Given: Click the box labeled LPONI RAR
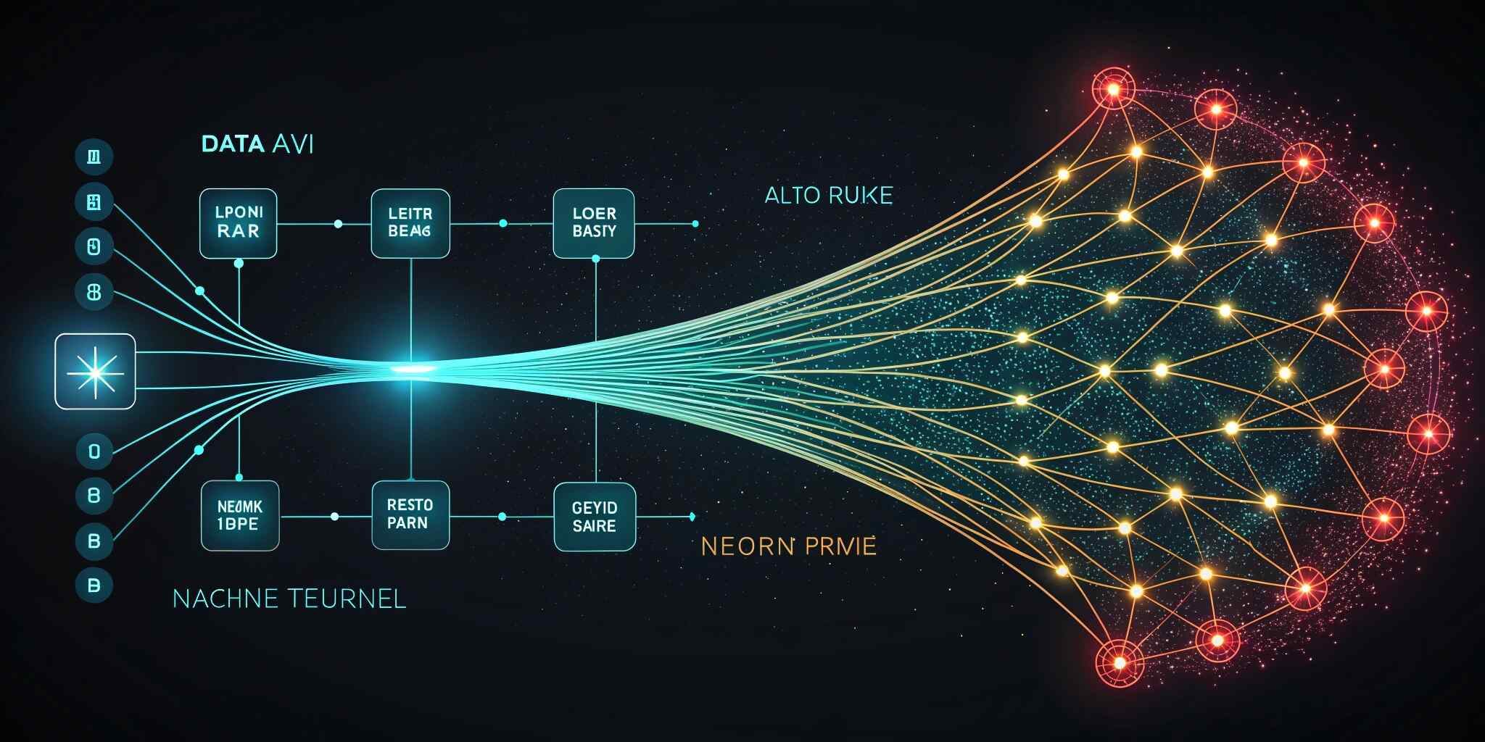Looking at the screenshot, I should pyautogui.click(x=238, y=223).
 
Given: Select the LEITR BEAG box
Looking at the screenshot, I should pyautogui.click(x=410, y=223).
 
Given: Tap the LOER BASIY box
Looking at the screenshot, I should pyautogui.click(x=594, y=223).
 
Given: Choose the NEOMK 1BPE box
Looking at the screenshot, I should pyautogui.click(x=240, y=516).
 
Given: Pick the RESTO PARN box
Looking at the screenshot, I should pyautogui.click(x=410, y=514).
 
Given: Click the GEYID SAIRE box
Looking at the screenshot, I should pyautogui.click(x=595, y=517).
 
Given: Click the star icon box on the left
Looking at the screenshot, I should pyautogui.click(x=95, y=371).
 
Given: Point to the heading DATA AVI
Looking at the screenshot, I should pyautogui.click(x=257, y=144).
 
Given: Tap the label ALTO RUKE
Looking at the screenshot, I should pyautogui.click(x=829, y=196).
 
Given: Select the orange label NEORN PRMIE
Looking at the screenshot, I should pyautogui.click(x=789, y=546).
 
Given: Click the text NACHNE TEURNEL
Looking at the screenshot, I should pyautogui.click(x=289, y=599).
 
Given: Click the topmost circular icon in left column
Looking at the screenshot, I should pyautogui.click(x=94, y=157).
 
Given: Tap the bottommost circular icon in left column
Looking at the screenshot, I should pyautogui.click(x=94, y=585).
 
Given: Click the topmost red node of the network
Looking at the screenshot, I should pyautogui.click(x=1113, y=89).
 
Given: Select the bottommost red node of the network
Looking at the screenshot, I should pyautogui.click(x=1120, y=662).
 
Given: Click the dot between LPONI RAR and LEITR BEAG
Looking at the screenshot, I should pyautogui.click(x=338, y=224).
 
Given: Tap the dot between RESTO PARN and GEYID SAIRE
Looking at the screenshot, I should pyautogui.click(x=502, y=517).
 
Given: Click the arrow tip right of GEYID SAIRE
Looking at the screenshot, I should pyautogui.click(x=693, y=517).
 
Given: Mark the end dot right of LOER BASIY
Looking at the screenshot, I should pyautogui.click(x=695, y=224).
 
